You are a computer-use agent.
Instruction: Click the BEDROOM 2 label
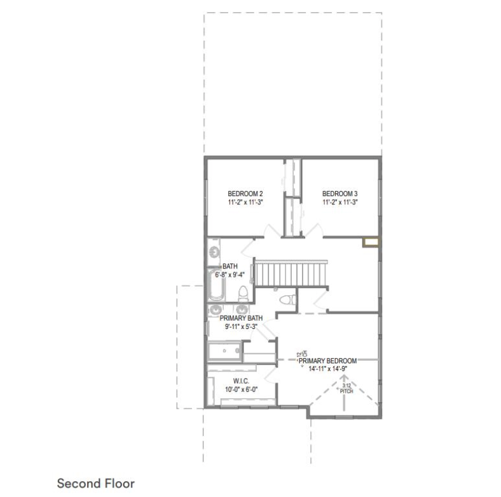(x=245, y=193)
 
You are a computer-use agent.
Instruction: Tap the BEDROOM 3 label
(x=340, y=193)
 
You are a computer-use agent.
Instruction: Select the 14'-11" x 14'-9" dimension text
(x=328, y=368)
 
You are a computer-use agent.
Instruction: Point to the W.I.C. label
(x=241, y=381)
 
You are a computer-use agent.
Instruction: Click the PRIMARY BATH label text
(x=241, y=318)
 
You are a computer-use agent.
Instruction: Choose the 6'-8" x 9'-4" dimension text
(x=230, y=274)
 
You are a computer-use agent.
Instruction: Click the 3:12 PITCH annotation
(x=347, y=388)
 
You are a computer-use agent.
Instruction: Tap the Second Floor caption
(x=96, y=483)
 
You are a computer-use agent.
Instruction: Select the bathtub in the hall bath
(x=216, y=284)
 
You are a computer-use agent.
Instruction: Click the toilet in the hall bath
(x=243, y=294)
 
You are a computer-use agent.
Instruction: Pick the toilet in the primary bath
(x=287, y=300)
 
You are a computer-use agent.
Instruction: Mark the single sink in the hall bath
(x=214, y=253)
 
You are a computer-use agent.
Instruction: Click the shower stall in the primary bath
(x=224, y=351)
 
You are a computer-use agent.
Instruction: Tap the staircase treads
(x=291, y=274)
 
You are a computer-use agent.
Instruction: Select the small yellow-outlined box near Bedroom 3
(x=371, y=242)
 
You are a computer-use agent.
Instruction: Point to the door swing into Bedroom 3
(x=313, y=230)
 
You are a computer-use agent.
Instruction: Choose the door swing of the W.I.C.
(x=270, y=375)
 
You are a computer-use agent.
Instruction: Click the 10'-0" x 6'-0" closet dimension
(x=241, y=389)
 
